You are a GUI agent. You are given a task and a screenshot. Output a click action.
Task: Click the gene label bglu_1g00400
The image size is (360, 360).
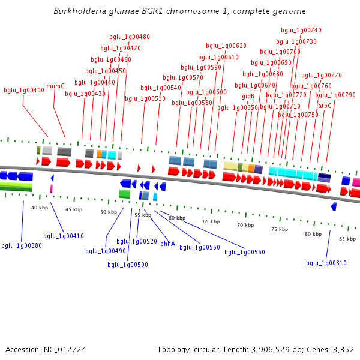(24, 91)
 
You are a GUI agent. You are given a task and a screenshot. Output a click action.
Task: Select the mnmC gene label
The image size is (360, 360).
(55, 86)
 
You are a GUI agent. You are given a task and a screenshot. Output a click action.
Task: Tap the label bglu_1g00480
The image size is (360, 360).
(130, 37)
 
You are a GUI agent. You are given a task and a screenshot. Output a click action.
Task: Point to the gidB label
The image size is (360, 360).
(248, 96)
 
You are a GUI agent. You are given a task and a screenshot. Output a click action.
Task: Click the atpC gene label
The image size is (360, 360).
(325, 106)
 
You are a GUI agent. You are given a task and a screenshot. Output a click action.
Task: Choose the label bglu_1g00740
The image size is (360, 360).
(301, 31)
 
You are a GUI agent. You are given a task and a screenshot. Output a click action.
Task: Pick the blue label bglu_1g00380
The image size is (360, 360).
(22, 245)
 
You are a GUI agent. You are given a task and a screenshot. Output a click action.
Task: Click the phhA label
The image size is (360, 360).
(167, 244)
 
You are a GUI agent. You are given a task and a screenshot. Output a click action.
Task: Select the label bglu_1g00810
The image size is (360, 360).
(326, 263)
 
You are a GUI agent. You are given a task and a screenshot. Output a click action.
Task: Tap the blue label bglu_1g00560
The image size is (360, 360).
(245, 252)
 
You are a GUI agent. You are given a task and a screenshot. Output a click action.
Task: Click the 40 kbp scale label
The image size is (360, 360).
(40, 208)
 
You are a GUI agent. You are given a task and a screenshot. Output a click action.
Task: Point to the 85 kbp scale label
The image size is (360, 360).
(347, 239)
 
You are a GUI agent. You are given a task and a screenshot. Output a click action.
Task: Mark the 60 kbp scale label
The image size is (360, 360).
(177, 218)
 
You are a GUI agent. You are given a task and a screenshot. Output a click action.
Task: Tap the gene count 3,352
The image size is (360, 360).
(343, 349)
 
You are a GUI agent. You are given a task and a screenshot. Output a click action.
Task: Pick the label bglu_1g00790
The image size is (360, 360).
(335, 95)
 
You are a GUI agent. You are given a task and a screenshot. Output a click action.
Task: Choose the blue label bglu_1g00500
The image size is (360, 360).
(128, 265)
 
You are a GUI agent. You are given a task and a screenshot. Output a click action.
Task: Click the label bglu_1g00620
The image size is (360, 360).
(226, 46)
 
